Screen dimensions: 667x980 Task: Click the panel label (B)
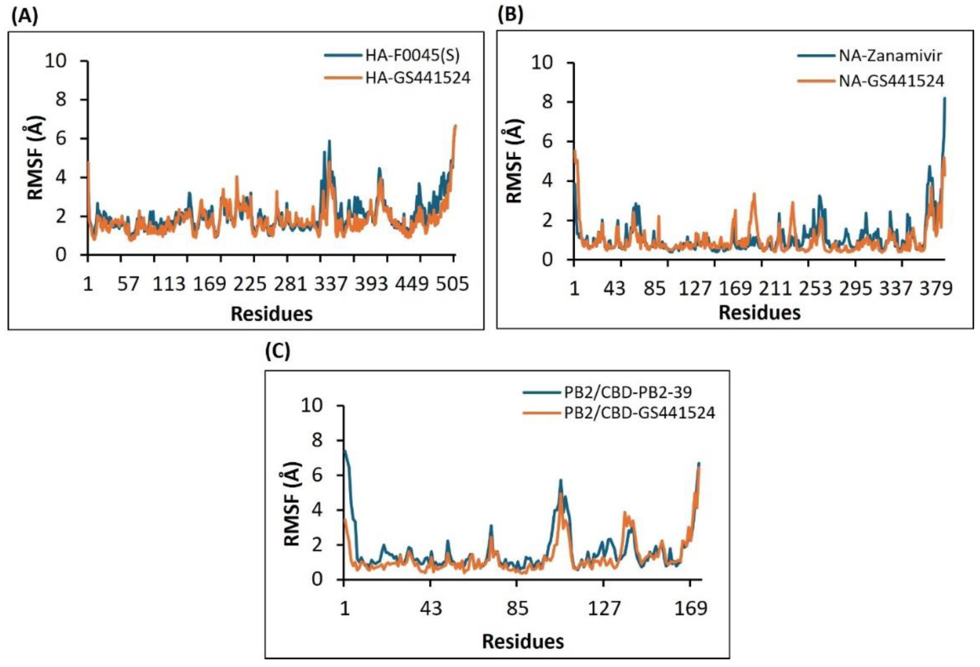[510, 15]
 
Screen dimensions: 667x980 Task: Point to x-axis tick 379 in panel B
[936, 288]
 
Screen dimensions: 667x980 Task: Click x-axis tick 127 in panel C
[605, 609]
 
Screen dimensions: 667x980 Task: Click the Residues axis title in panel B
[759, 313]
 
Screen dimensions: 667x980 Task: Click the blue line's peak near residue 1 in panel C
[345, 451]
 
